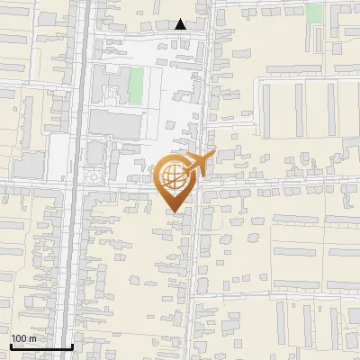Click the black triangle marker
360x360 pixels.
click(181, 24)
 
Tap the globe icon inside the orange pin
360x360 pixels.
click(173, 176)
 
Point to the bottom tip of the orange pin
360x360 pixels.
click(174, 212)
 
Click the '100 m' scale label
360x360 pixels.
click(23, 338)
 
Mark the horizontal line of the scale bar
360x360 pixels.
click(41, 346)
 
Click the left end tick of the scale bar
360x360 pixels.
click(11, 345)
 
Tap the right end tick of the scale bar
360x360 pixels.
click(72, 345)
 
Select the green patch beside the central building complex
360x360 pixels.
click(136, 85)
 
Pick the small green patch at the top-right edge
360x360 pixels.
click(313, 12)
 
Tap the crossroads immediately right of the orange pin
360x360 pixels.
click(199, 182)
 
